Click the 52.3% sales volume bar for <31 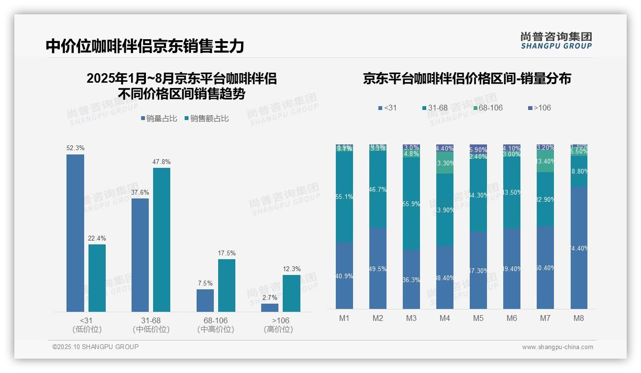click(75, 233)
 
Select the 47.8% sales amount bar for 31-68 click(162, 240)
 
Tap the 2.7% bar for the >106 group click(270, 307)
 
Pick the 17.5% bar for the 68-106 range click(227, 285)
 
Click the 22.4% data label click(97, 238)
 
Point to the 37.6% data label click(140, 192)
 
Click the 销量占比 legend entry click(161, 119)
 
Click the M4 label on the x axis click(445, 318)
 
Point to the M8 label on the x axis click(579, 318)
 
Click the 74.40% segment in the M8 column click(579, 248)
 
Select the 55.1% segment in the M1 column click(344, 197)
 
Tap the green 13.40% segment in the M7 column click(545, 162)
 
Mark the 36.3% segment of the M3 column click(411, 279)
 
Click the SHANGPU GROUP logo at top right click(556, 40)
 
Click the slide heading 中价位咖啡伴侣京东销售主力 click(145, 46)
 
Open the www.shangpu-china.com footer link click(557, 347)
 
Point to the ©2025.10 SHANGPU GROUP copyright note click(96, 347)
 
